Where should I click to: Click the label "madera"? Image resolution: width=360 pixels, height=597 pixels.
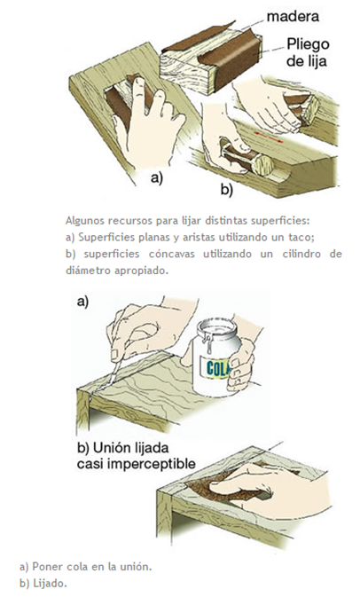293,16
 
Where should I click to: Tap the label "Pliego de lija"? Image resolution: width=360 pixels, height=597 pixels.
307,52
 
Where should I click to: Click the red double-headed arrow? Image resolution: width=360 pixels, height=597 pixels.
268,136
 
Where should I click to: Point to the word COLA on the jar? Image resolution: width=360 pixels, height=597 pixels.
218,368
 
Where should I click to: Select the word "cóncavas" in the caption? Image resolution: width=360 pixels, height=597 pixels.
171,254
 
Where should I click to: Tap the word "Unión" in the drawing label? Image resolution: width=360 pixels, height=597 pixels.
110,448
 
